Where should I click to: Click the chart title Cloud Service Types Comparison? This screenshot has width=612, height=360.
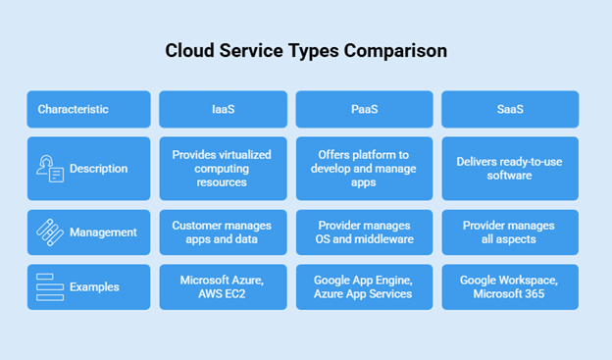[305, 51]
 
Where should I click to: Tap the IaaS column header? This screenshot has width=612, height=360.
[223, 109]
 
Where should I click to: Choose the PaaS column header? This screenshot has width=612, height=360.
[364, 109]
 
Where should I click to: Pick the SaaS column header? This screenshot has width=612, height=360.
[509, 109]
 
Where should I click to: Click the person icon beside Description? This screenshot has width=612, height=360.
[49, 169]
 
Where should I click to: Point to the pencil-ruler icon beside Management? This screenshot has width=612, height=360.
[49, 232]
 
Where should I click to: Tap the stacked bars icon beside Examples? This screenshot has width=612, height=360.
[49, 286]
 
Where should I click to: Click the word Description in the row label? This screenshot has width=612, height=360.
[98, 169]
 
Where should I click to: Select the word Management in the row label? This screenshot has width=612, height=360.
[103, 232]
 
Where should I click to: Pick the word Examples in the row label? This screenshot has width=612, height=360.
[94, 286]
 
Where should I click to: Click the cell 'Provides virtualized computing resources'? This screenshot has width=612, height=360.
[223, 169]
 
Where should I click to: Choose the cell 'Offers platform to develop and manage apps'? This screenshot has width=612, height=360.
[364, 169]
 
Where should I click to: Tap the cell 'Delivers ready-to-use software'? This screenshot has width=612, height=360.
[509, 169]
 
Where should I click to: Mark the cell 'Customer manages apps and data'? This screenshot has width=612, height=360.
[223, 232]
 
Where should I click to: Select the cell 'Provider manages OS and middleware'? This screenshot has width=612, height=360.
[364, 232]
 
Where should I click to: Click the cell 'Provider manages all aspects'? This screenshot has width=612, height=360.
[509, 232]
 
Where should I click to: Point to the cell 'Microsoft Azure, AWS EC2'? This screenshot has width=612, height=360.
[223, 286]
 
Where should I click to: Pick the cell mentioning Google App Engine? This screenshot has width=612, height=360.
[364, 286]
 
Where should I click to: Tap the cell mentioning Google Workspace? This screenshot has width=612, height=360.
[509, 286]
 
